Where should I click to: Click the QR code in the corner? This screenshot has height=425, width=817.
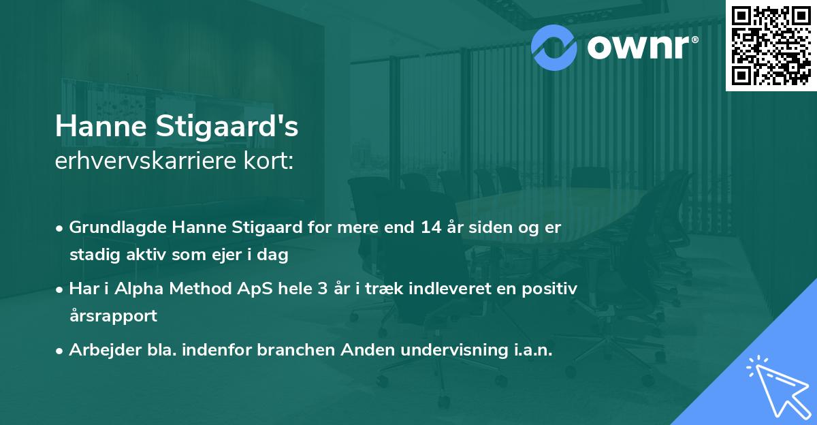pos(771,46)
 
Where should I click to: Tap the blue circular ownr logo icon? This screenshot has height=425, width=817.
pos(555,47)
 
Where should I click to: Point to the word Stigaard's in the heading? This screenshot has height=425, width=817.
pos(230,127)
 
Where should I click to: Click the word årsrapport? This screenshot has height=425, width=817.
pos(113,316)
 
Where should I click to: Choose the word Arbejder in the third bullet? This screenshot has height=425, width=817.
pos(98,349)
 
